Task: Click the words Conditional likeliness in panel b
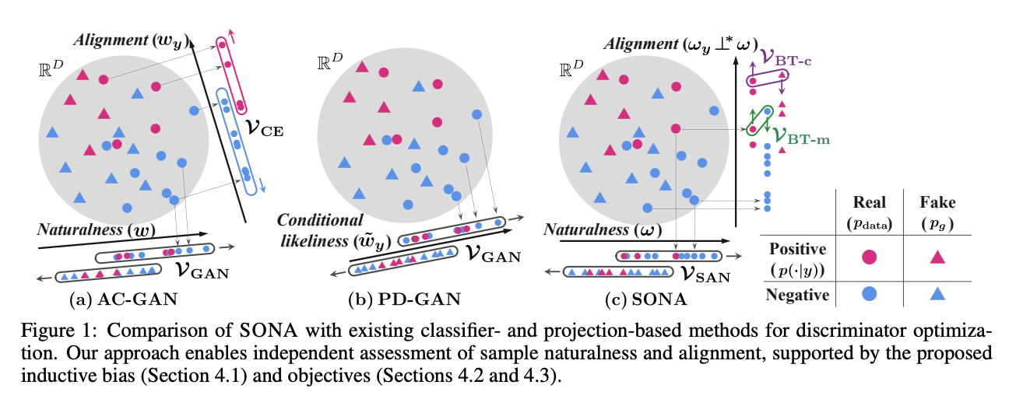pos(321,228)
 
